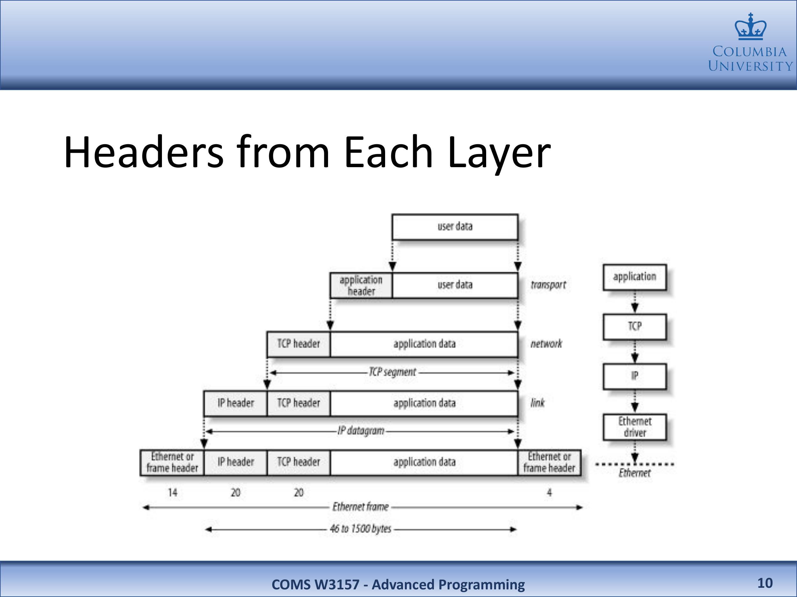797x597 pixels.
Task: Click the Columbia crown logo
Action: [750, 27]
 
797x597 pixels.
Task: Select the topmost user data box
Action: [455, 227]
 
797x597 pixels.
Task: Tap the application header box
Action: [361, 285]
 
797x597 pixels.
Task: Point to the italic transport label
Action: [548, 285]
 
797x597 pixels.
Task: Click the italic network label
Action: [546, 344]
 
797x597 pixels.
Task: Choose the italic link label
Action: [537, 403]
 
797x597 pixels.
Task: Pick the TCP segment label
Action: [392, 372]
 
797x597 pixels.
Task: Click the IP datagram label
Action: [361, 431]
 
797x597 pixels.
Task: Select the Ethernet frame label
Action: [360, 507]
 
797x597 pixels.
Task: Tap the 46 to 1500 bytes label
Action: [360, 529]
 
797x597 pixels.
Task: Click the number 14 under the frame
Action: [172, 492]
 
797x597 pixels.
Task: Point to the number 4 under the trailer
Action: [549, 492]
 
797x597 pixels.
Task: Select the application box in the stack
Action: [634, 277]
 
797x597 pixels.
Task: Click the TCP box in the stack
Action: [634, 326]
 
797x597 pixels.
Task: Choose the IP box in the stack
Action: [634, 376]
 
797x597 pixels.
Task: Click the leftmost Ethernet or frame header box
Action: [172, 462]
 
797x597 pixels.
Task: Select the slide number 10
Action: [765, 583]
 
